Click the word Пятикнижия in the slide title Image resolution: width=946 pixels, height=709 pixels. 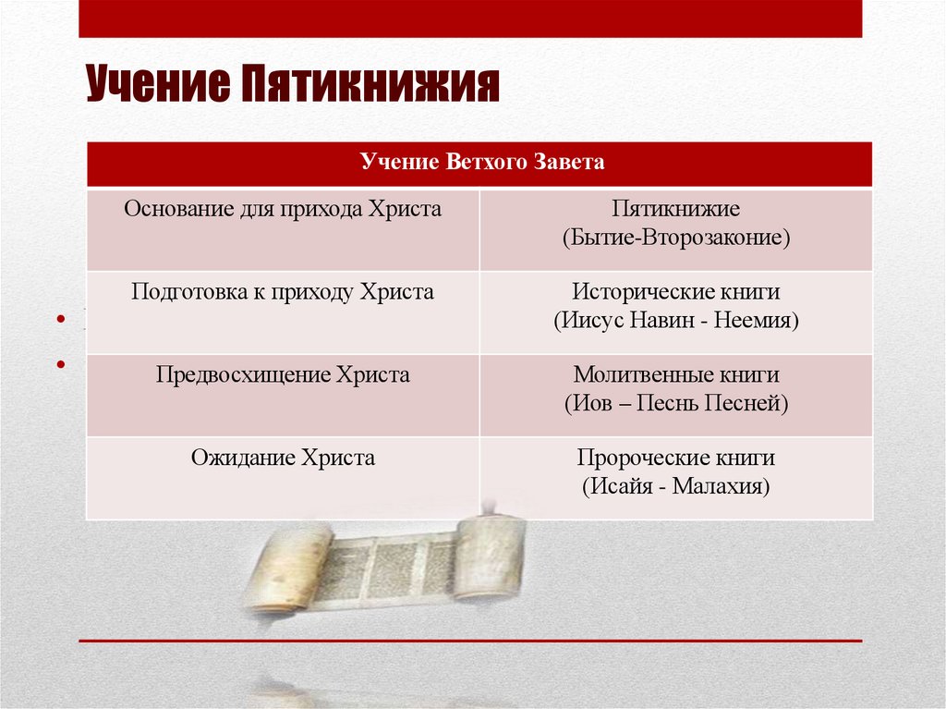372,85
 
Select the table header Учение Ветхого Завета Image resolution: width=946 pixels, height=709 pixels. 480,164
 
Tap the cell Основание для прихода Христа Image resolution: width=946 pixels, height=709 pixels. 283,209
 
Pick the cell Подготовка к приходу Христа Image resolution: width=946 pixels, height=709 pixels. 283,292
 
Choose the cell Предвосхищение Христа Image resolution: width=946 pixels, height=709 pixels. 283,375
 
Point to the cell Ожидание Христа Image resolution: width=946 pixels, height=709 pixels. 283,458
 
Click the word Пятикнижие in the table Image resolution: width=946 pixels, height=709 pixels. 675,210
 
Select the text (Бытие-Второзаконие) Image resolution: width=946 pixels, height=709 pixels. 675,238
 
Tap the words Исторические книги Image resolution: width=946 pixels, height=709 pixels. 675,293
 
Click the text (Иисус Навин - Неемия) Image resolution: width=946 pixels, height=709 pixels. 675,321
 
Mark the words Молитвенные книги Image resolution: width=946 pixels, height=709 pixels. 675,376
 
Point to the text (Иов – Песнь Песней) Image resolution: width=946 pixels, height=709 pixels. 675,404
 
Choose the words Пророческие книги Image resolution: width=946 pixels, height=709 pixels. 675,458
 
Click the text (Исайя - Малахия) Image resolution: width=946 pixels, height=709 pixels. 675,486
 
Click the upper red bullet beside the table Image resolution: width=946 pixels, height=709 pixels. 61,321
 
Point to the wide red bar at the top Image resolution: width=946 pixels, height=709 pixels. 470,18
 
